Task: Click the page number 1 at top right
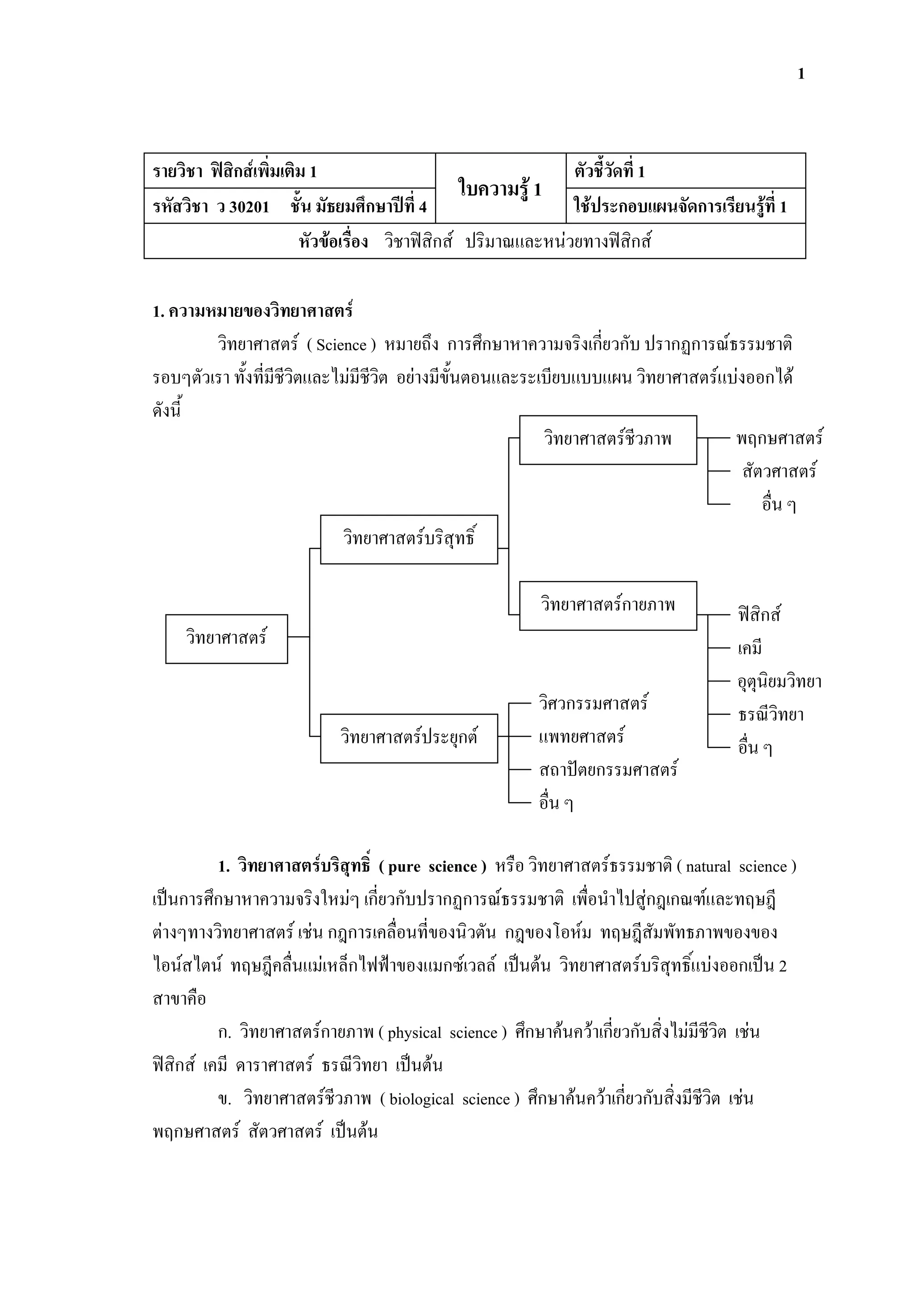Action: pyautogui.click(x=801, y=74)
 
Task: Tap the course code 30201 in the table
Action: pyautogui.click(x=249, y=207)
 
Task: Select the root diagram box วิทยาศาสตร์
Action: pyautogui.click(x=226, y=638)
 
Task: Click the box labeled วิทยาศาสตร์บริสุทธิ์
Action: pyautogui.click(x=409, y=539)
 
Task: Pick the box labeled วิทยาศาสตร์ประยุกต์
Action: pyautogui.click(x=409, y=738)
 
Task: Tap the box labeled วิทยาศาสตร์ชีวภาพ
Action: pyautogui.click(x=608, y=440)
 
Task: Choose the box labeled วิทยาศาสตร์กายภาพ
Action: pyautogui.click(x=608, y=605)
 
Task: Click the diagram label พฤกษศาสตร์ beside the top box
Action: pyautogui.click(x=779, y=439)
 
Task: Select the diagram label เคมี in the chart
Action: pyautogui.click(x=750, y=649)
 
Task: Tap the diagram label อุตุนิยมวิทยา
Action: pyautogui.click(x=779, y=682)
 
